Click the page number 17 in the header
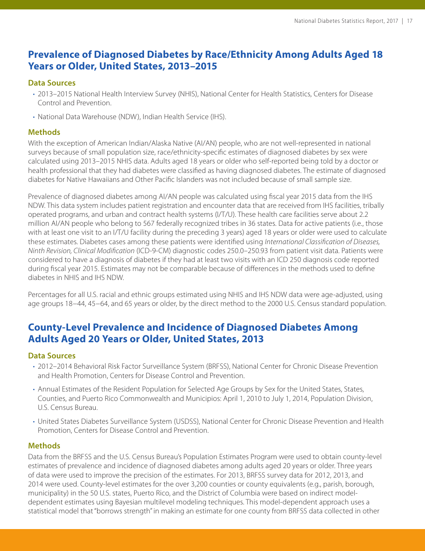click(409, 21)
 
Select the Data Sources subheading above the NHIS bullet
click(51, 83)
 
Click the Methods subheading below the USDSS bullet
click(44, 446)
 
